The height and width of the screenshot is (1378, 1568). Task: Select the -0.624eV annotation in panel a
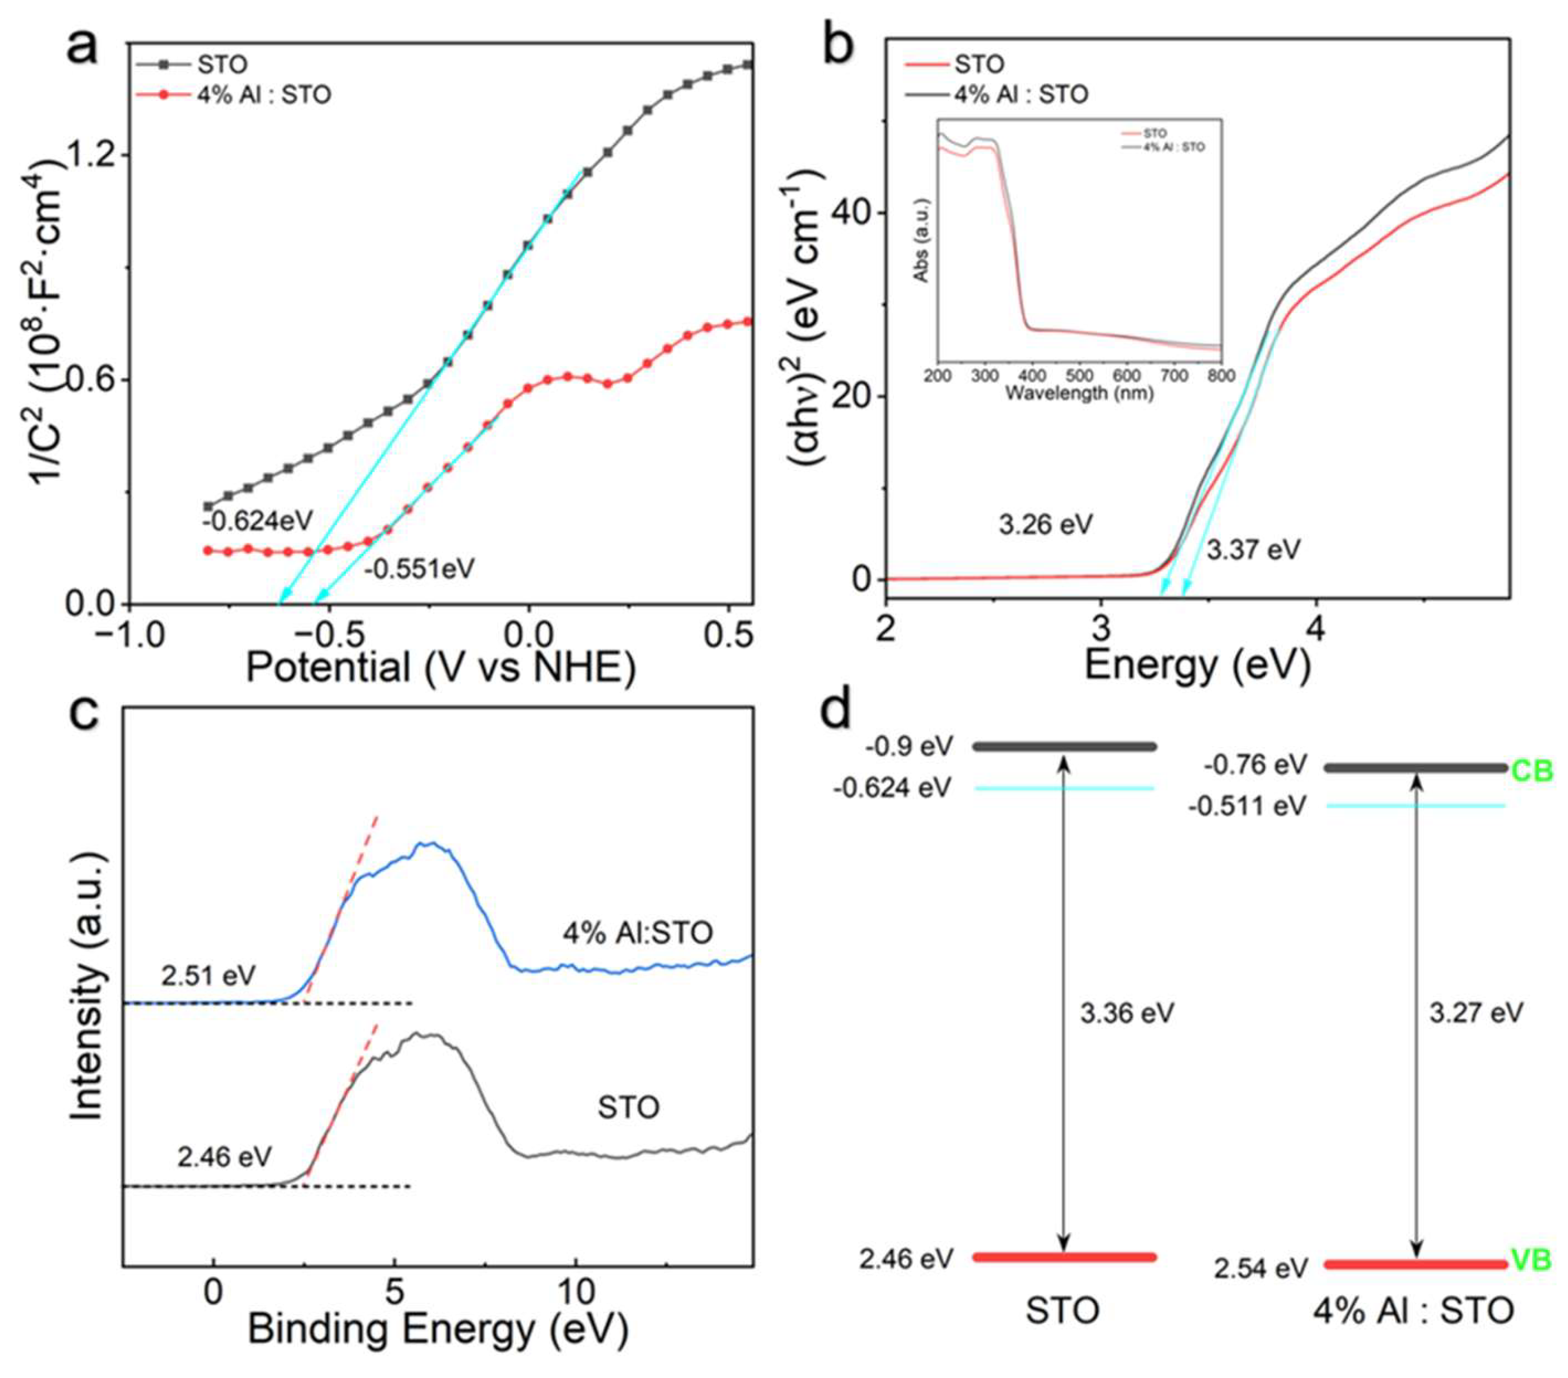tap(258, 521)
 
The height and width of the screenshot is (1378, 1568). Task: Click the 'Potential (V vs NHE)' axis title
tap(440, 667)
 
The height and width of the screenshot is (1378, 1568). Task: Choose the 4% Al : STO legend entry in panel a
tap(264, 95)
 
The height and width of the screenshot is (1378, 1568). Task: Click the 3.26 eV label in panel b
tap(1045, 525)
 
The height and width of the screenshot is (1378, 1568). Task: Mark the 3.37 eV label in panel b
tap(1253, 549)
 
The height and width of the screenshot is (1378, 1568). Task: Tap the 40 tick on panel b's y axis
tap(857, 213)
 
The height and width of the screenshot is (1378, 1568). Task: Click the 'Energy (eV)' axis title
tap(1197, 664)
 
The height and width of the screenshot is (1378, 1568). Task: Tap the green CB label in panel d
tap(1531, 770)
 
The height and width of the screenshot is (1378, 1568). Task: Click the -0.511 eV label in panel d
tap(1247, 806)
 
